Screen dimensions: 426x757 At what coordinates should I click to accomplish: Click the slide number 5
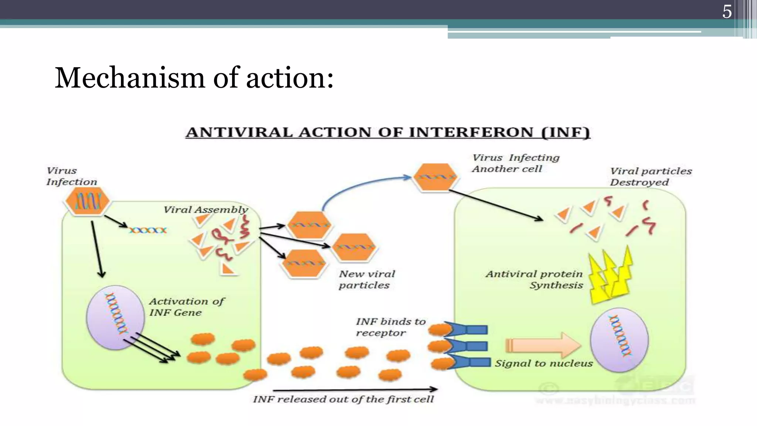727,12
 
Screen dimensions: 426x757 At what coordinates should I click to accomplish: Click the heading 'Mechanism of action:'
194,78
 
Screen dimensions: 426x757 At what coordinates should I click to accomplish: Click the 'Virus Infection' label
71,176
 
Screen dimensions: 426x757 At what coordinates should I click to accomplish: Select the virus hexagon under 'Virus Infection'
88,201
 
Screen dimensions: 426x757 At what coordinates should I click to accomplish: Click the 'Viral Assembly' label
206,210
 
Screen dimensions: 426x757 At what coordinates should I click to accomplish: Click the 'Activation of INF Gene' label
186,307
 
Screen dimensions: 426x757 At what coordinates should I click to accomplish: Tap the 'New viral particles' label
366,280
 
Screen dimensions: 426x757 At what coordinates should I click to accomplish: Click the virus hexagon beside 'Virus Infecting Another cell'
435,177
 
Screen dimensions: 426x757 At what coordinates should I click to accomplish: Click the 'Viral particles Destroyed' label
650,177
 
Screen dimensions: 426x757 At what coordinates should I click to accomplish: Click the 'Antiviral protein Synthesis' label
534,280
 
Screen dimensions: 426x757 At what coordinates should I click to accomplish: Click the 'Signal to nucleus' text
543,364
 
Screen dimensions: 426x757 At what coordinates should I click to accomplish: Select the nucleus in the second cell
619,340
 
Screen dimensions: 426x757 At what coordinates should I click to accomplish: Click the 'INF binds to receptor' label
390,327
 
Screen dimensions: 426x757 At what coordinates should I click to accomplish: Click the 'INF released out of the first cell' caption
343,399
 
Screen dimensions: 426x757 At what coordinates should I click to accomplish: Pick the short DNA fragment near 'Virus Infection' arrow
148,230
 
